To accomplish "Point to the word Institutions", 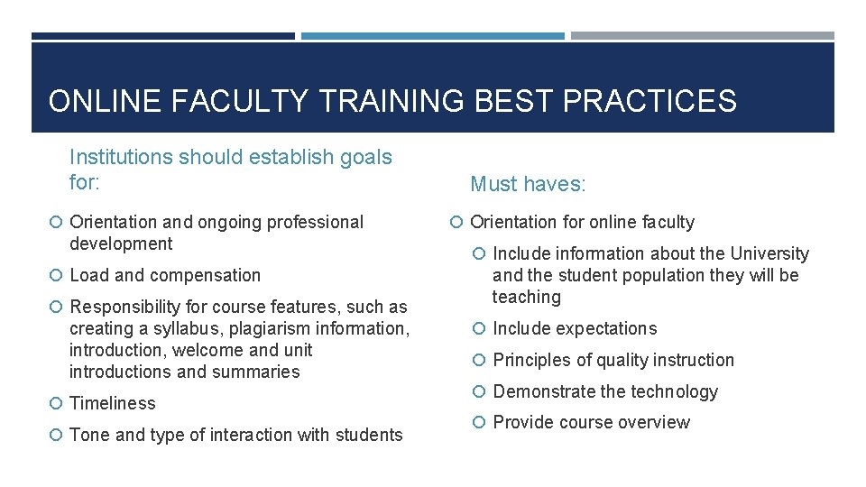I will click(x=121, y=157).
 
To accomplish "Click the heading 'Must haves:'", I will click(x=528, y=185).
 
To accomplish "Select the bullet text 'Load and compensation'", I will click(x=165, y=276).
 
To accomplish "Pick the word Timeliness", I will click(x=113, y=403).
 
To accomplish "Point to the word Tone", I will click(x=89, y=435).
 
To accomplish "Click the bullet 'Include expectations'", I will click(x=575, y=329).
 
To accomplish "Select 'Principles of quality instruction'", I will click(x=613, y=360).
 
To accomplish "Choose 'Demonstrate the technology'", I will click(x=605, y=391).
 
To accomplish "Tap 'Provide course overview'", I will click(x=592, y=422).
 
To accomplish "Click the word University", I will click(x=769, y=254).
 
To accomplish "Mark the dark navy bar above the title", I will click(x=163, y=36).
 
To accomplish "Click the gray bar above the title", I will click(x=703, y=36).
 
